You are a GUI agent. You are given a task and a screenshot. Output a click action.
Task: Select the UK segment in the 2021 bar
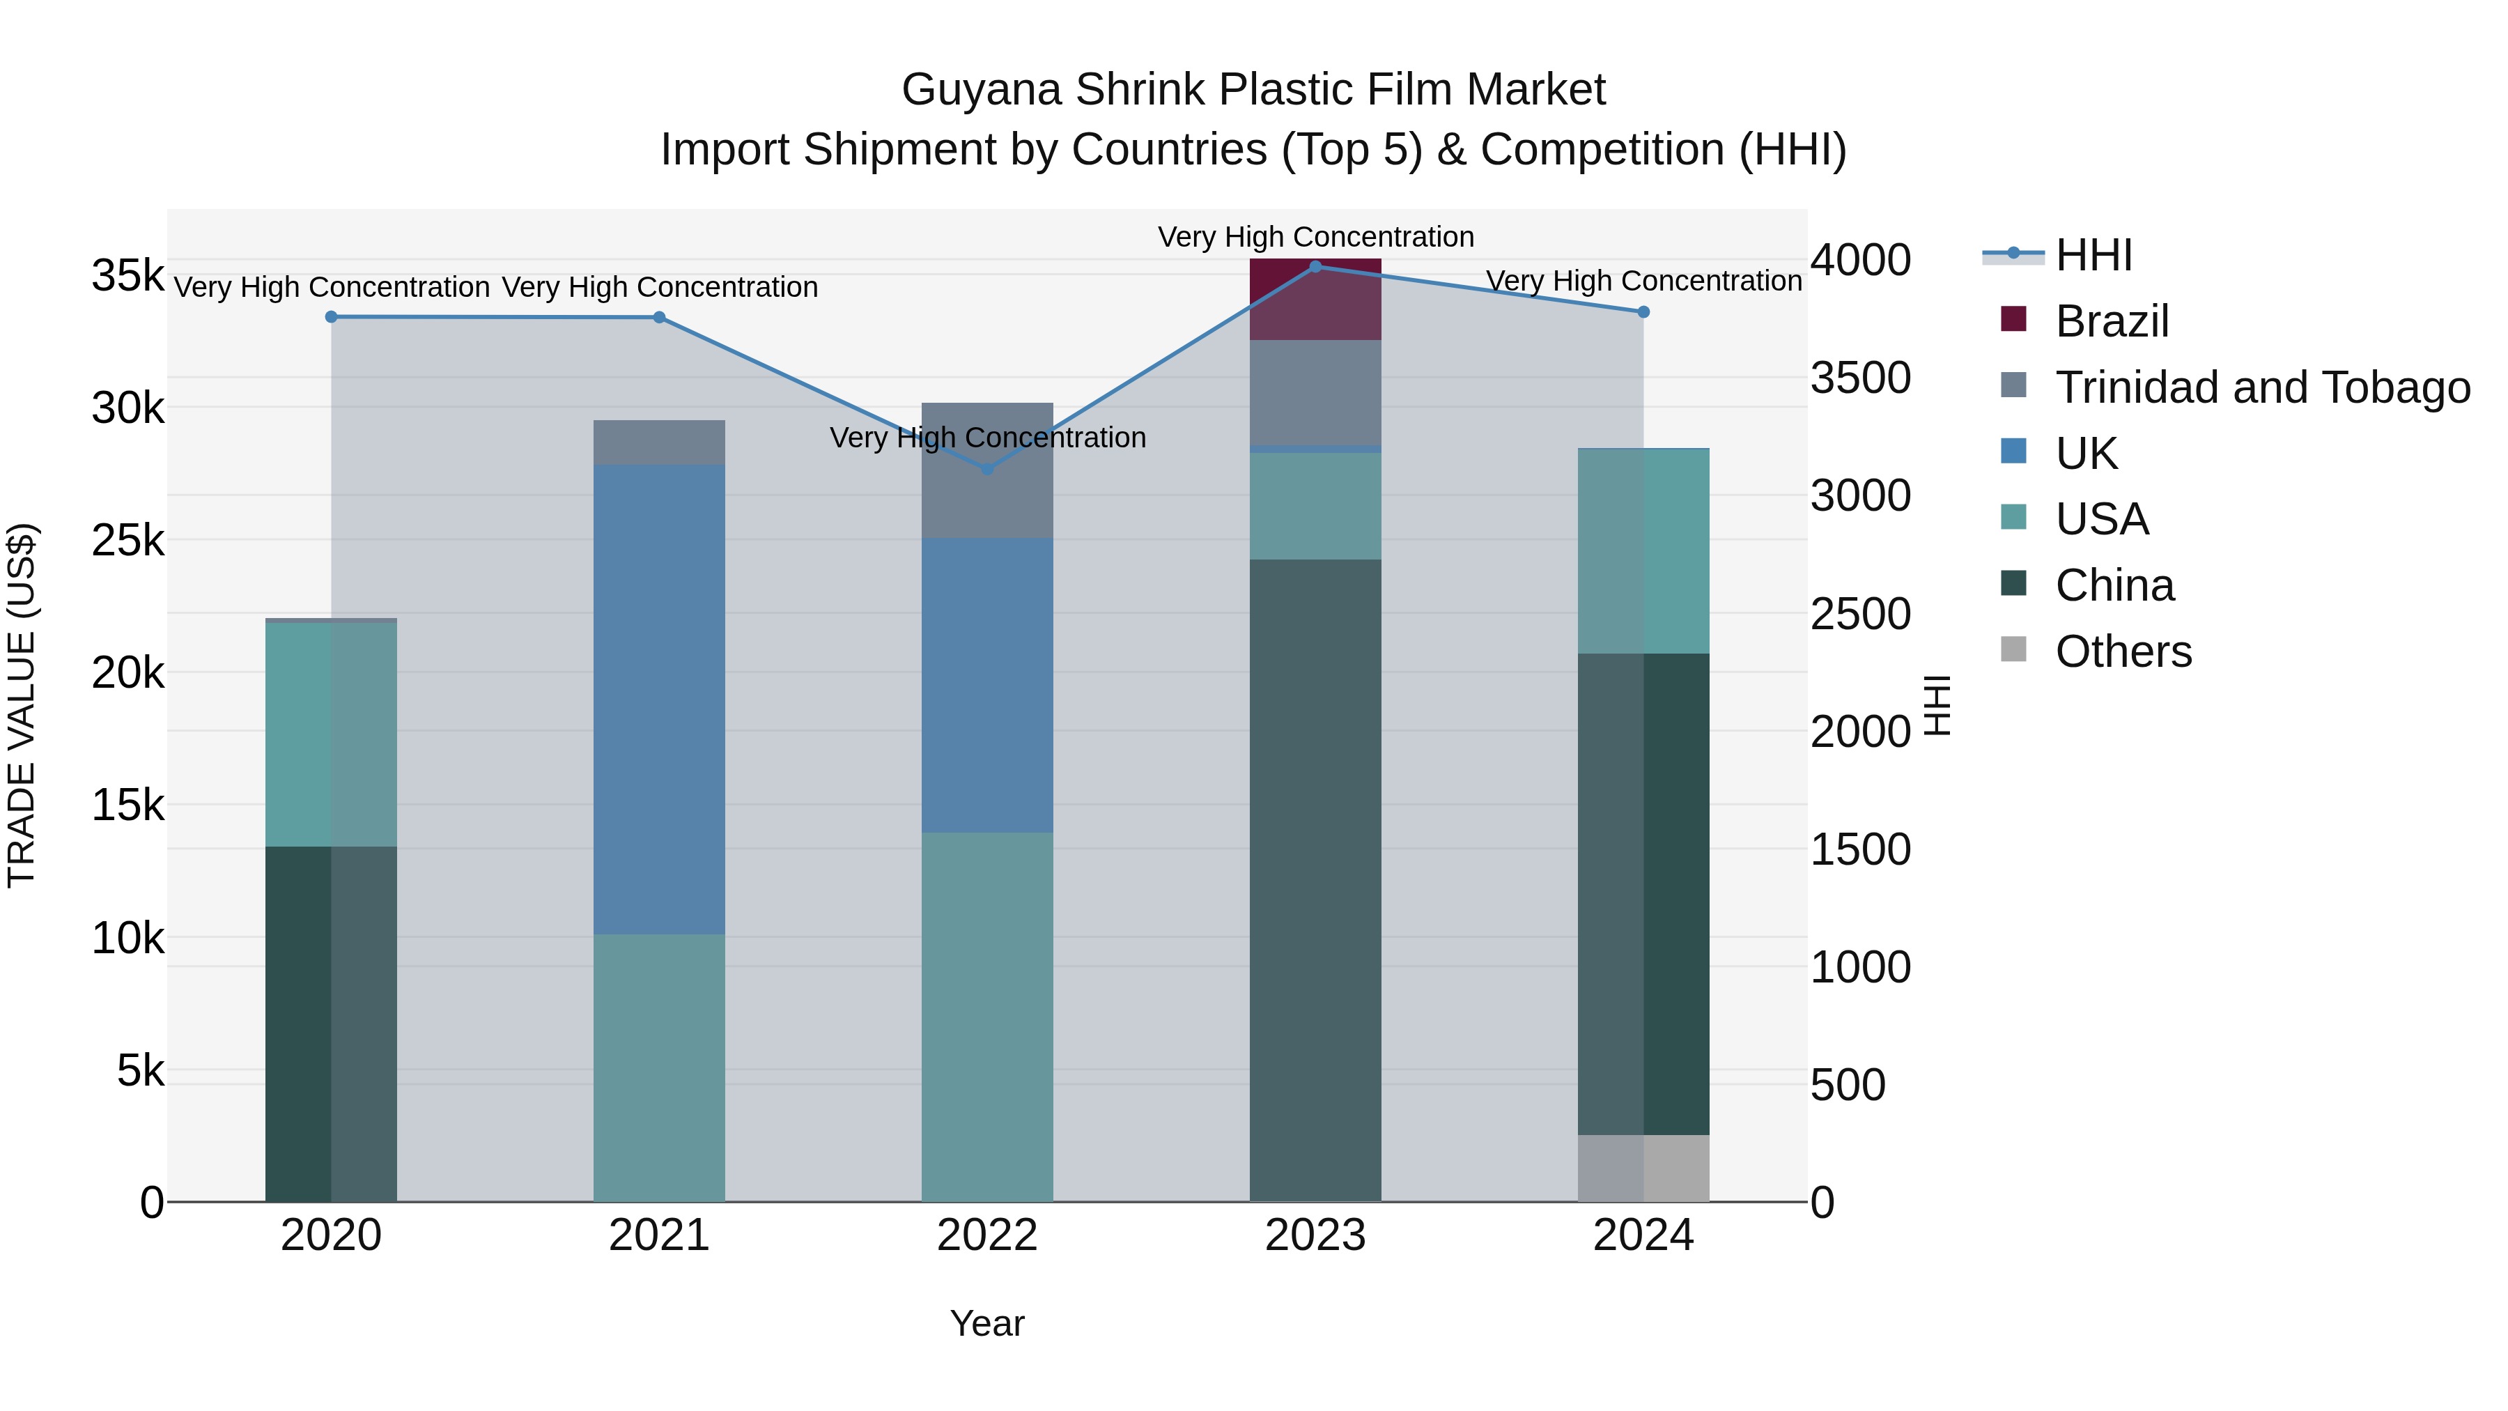659,699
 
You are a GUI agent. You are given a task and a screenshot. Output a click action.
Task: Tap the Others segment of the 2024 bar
1643,1168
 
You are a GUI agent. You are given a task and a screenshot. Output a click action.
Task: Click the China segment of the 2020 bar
331,1024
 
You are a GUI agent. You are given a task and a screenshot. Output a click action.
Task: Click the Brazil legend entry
2111,321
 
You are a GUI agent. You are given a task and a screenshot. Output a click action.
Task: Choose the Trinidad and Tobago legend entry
2261,387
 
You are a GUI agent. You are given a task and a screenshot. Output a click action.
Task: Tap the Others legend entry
2123,651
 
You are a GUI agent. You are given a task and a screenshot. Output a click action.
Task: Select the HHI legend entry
2093,255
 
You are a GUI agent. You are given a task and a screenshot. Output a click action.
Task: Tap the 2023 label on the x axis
1315,1235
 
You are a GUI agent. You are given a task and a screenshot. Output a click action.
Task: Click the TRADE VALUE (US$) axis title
22,705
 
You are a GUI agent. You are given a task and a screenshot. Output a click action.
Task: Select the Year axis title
987,1323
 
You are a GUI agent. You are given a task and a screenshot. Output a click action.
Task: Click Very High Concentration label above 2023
1315,237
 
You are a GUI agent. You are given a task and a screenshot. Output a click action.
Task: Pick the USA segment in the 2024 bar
1643,551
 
